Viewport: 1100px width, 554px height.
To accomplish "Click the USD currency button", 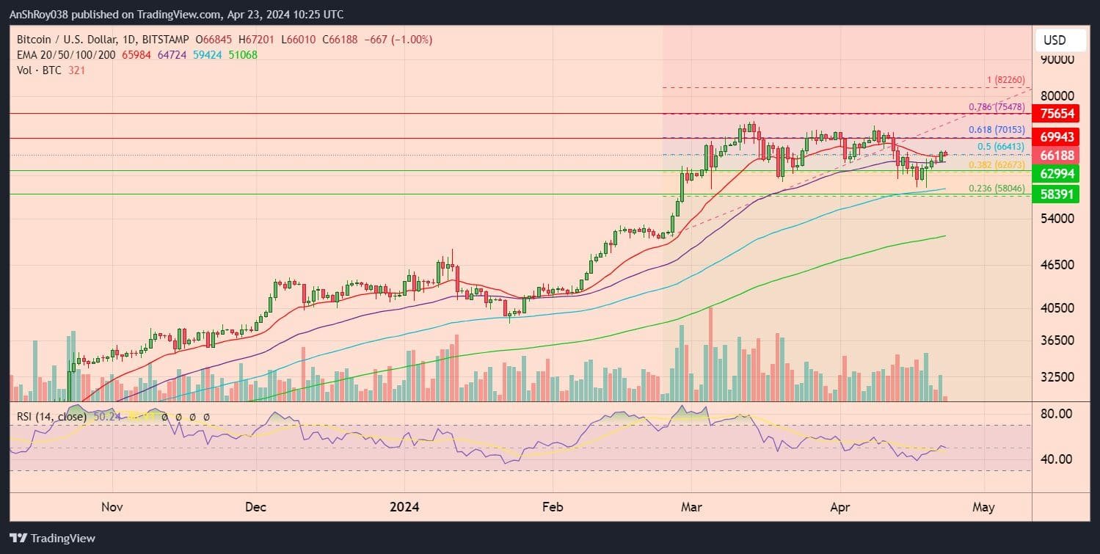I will point(1055,40).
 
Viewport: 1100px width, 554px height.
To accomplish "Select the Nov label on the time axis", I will point(112,507).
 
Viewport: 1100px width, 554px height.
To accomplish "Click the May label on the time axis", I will point(983,507).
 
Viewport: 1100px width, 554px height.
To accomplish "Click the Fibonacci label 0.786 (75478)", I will point(997,107).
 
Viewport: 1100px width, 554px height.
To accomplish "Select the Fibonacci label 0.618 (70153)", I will point(997,130).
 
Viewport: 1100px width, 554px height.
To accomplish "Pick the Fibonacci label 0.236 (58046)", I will point(997,189).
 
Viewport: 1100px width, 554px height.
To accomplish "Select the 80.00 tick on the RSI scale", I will point(1057,414).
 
